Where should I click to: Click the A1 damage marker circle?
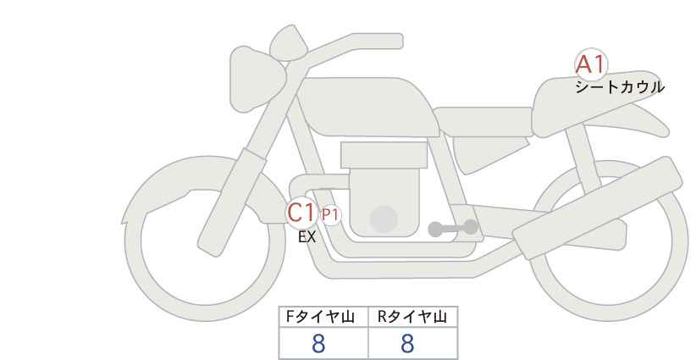tap(590, 65)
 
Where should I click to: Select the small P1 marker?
tap(330, 215)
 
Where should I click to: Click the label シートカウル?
tap(620, 86)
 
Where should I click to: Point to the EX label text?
tap(307, 237)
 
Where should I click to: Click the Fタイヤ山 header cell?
tap(324, 317)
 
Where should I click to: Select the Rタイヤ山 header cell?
tap(412, 317)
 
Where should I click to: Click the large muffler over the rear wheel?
tap(597, 204)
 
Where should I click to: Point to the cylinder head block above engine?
tap(384, 155)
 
